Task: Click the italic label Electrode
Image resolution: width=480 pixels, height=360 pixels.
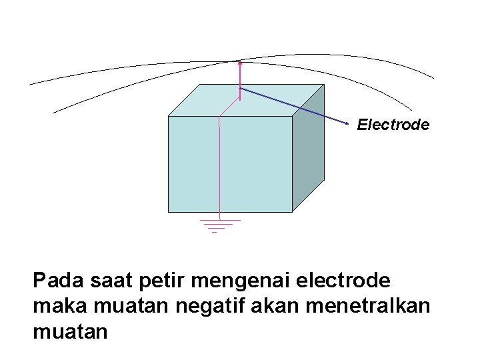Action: pos(393,124)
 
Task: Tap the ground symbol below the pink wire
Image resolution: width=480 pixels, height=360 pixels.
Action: pos(219,225)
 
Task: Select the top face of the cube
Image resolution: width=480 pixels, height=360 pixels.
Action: pos(267,100)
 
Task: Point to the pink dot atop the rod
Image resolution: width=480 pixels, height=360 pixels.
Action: pos(239,63)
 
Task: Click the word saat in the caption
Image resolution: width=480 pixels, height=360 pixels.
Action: pos(108,281)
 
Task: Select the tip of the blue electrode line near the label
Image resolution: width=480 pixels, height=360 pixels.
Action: pos(348,124)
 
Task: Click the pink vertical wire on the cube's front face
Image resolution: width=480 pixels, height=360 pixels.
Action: pos(220,167)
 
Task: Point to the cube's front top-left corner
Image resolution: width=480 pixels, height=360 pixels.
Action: pos(169,116)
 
